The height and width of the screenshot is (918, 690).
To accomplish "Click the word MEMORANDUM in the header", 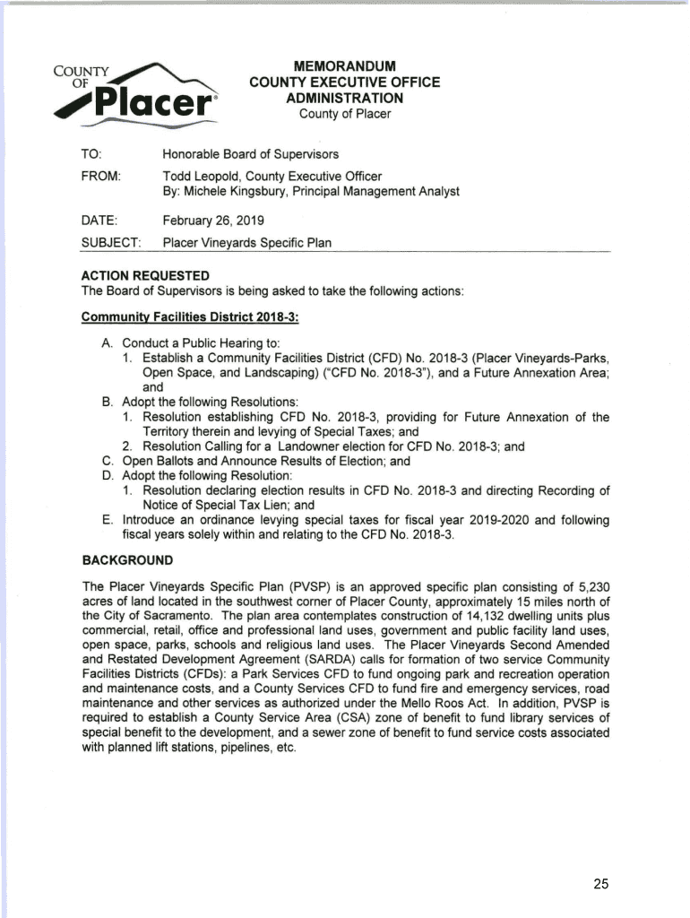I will (x=345, y=65).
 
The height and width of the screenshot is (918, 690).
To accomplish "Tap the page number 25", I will (x=600, y=884).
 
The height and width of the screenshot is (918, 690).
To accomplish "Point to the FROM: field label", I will (x=101, y=177).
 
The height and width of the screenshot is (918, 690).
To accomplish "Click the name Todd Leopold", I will (x=199, y=177).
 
